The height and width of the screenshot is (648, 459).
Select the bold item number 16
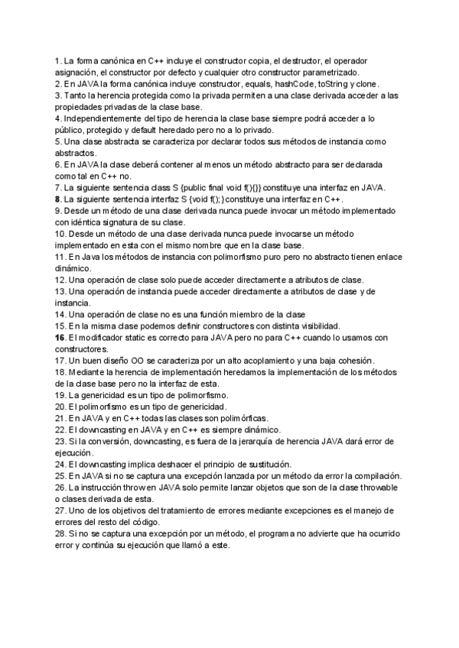(x=60, y=338)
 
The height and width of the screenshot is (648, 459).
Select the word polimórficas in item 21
(x=239, y=419)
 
